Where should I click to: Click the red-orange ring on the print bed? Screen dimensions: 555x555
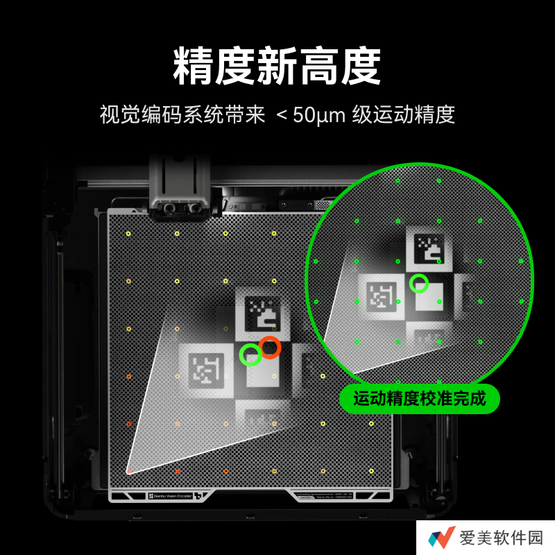269,347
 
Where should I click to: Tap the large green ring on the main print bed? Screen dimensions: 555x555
250,355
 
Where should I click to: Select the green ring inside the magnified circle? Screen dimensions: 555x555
418,283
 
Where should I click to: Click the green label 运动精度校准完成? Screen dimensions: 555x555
420,399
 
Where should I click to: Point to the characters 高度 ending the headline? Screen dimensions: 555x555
340,66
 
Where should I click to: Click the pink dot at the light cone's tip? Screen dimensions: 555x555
128,471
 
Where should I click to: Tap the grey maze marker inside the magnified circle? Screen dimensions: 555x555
379,294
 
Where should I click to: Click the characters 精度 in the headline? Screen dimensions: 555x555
214,66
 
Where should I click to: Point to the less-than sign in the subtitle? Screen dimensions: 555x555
280,115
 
